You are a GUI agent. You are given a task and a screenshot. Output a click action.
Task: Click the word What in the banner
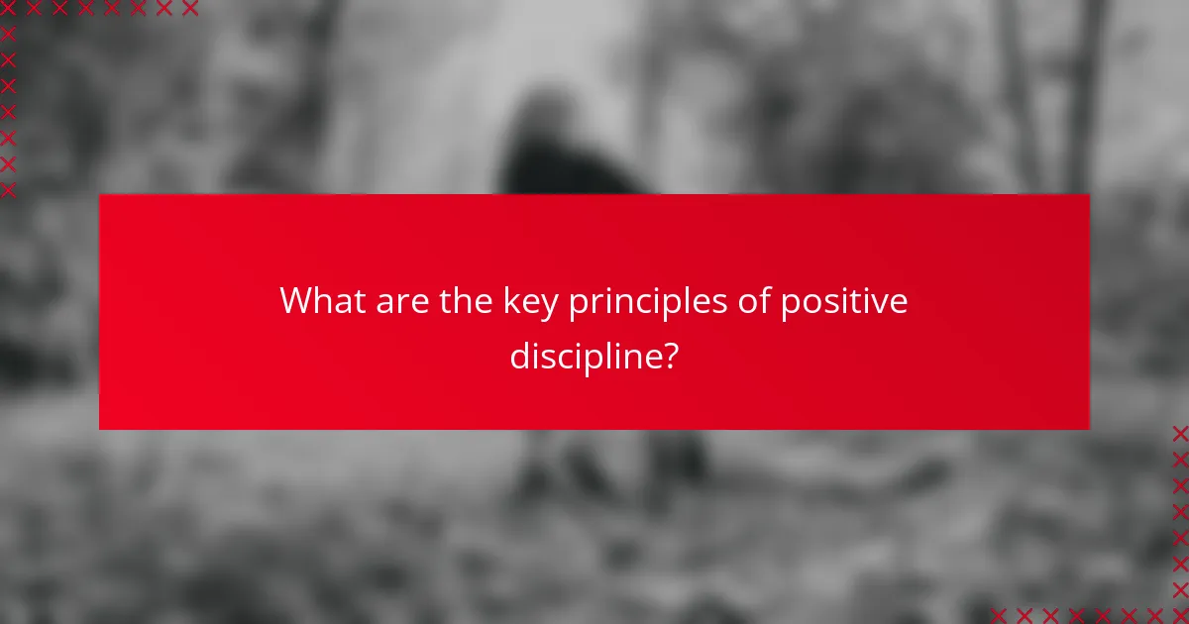[323, 301]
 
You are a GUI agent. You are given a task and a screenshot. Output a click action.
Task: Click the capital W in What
[296, 301]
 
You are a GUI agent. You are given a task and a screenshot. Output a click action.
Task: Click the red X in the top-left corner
[8, 9]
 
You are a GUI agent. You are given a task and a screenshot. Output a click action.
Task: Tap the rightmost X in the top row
[189, 9]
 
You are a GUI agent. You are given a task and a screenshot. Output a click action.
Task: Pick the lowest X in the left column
[8, 189]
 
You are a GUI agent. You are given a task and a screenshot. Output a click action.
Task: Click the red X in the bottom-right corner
[1179, 615]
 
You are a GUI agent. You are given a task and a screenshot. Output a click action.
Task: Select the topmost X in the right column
[1179, 433]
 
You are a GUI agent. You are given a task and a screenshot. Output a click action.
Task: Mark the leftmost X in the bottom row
[998, 615]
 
